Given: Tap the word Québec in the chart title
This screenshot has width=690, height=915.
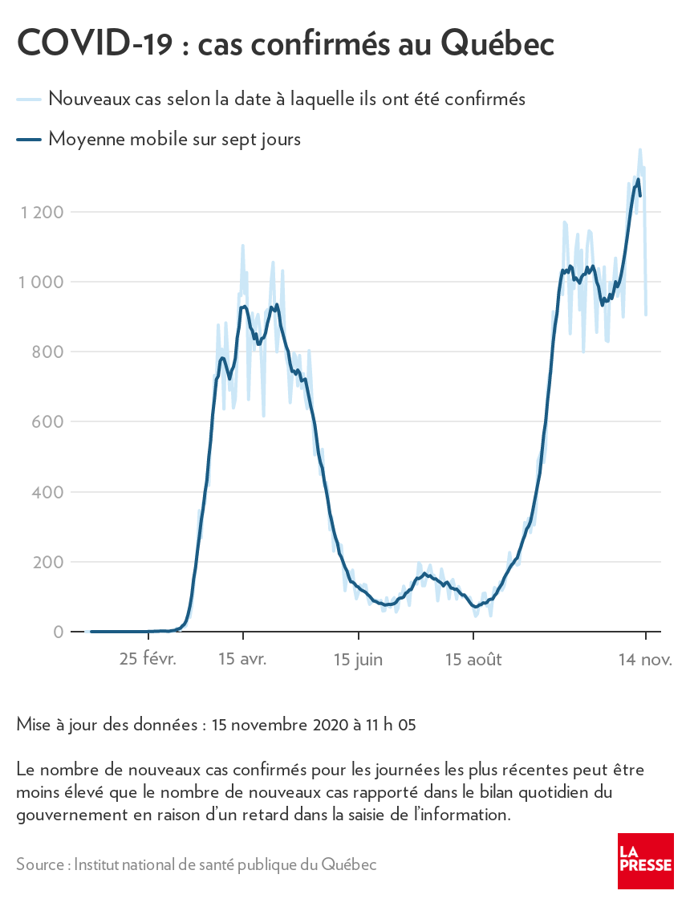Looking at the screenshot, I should pyautogui.click(x=497, y=45).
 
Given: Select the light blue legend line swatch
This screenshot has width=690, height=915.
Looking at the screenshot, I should pyautogui.click(x=28, y=100).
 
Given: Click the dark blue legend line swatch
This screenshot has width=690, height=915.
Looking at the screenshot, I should pyautogui.click(x=28, y=140).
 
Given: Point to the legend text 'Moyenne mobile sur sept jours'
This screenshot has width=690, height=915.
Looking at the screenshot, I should pyautogui.click(x=174, y=139).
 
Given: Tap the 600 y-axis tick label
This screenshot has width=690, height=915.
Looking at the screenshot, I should pyautogui.click(x=48, y=422).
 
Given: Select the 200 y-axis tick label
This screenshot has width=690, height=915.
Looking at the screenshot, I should pyautogui.click(x=48, y=562).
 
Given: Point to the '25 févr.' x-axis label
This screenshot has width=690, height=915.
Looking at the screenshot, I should pyautogui.click(x=148, y=660).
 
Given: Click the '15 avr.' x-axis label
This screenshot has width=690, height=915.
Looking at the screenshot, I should pyautogui.click(x=242, y=660).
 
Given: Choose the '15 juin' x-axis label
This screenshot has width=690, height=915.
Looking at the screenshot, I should pyautogui.click(x=358, y=660).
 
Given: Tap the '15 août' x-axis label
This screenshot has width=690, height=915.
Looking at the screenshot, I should pyautogui.click(x=473, y=660).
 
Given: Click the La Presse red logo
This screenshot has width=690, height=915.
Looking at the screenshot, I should pyautogui.click(x=645, y=860).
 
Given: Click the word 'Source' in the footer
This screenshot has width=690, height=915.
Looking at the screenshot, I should pyautogui.click(x=40, y=864).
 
